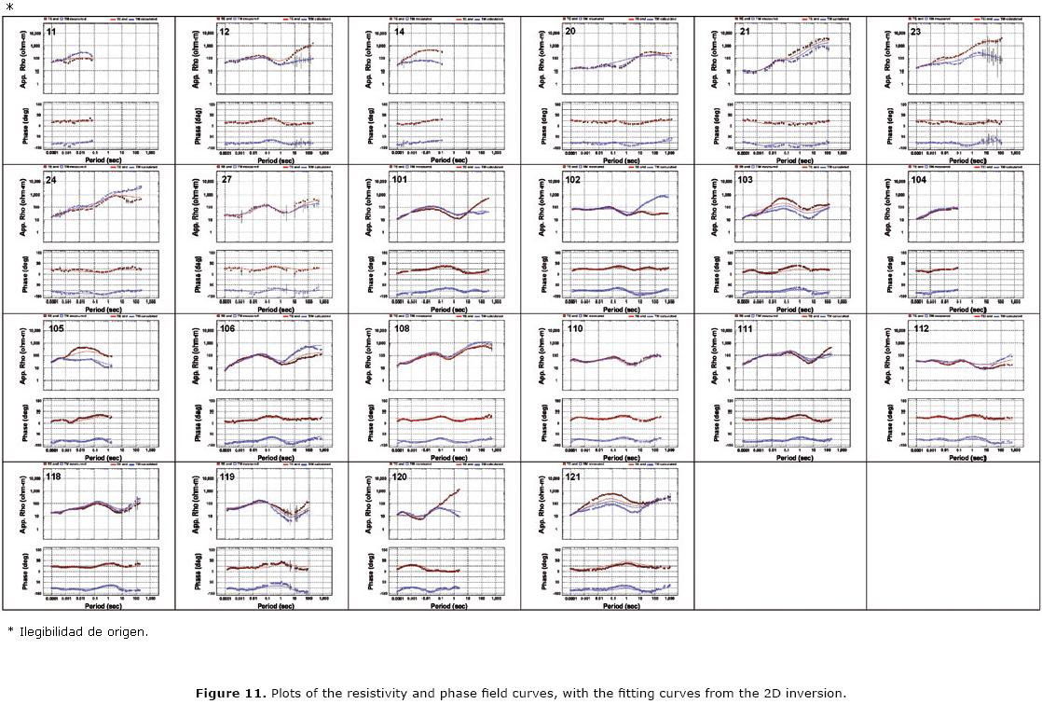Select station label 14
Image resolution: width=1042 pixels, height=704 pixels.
coord(400,33)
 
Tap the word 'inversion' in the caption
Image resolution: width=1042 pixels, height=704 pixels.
coord(818,693)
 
